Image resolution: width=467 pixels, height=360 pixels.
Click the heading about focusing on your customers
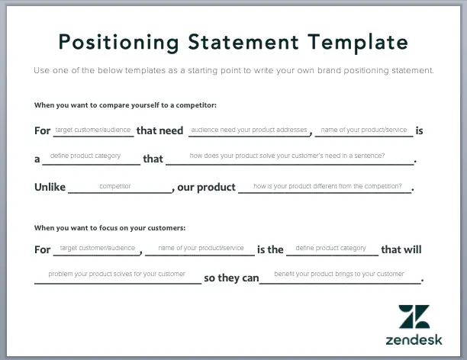pos(110,227)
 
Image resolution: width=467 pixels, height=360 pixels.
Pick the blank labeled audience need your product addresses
pos(249,131)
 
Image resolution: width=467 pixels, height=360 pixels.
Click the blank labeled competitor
pos(115,187)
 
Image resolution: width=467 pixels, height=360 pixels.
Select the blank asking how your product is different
pos(327,187)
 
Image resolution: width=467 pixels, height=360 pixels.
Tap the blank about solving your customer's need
pos(287,159)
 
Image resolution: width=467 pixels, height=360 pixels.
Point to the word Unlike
pos(50,187)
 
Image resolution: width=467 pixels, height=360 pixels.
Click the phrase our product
pos(206,187)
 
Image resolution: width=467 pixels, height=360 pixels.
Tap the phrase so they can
pos(232,278)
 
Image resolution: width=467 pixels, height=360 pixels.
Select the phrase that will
pos(401,249)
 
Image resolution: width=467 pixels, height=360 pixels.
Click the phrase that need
pos(159,130)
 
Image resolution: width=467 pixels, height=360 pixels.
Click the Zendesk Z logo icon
pos(414,317)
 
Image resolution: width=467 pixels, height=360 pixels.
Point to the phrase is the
pos(270,249)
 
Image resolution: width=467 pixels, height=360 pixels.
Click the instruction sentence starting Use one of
pos(233,70)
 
